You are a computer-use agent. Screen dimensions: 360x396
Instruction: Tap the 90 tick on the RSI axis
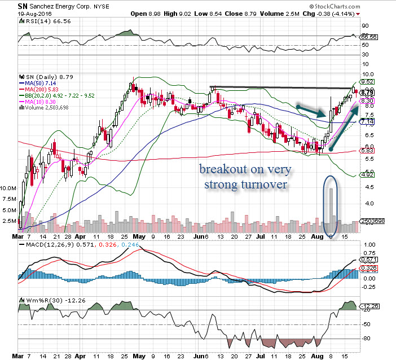pos(366,25)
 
